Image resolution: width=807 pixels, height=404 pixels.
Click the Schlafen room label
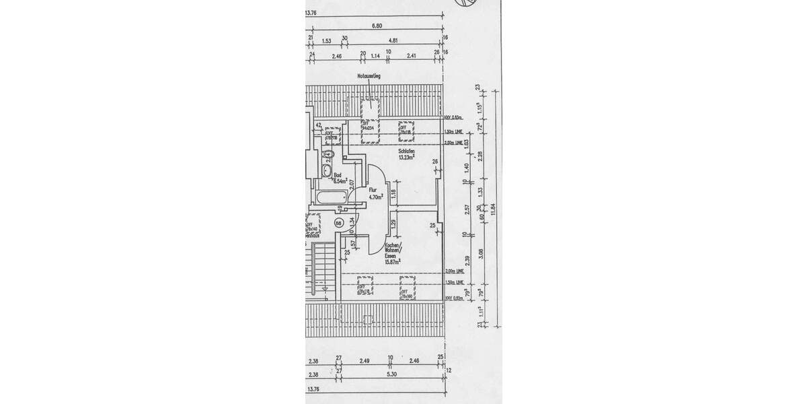[405, 151]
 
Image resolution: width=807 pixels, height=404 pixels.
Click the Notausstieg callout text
[369, 77]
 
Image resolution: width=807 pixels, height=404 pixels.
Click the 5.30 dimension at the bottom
[392, 374]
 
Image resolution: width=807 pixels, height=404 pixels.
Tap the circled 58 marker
[339, 222]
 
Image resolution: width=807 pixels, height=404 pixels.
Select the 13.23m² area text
[405, 158]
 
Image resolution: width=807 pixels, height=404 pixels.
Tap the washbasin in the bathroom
[329, 155]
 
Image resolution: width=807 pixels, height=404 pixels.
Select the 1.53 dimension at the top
[327, 40]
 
